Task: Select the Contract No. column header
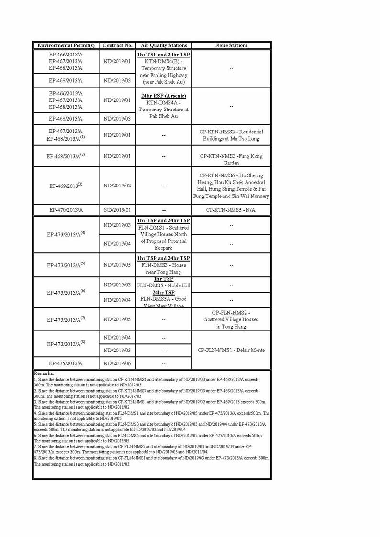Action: (x=117, y=45)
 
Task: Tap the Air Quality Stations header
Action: (x=163, y=45)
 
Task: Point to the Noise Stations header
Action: (x=231, y=45)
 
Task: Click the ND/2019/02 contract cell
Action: (x=117, y=186)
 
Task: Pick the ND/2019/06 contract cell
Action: (x=117, y=363)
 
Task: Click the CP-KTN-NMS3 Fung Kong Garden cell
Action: (x=231, y=159)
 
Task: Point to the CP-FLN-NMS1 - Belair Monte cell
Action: (x=231, y=350)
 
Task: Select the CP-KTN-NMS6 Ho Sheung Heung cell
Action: (x=231, y=186)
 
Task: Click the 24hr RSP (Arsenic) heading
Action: (x=163, y=96)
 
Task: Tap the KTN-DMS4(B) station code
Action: (x=163, y=62)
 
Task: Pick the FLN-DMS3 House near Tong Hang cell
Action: (x=163, y=265)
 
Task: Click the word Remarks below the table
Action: (x=45, y=373)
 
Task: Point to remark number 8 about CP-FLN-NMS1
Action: (x=151, y=461)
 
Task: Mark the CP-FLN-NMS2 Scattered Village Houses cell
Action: (x=231, y=319)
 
